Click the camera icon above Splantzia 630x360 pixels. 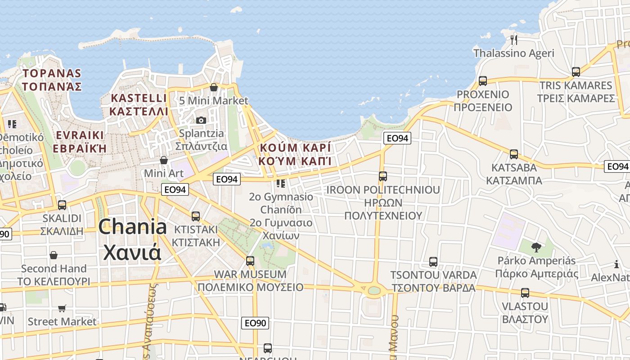(201, 120)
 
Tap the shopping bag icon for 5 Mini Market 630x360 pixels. (214, 87)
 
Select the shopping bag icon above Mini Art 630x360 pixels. (164, 160)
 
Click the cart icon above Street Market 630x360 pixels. (62, 308)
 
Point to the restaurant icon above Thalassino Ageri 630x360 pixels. (514, 40)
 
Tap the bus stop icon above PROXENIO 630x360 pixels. (483, 81)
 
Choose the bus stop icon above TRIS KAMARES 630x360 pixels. (576, 72)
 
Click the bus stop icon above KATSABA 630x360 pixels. (514, 154)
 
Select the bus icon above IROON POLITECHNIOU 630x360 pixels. (383, 176)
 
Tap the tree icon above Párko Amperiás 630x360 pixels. (536, 247)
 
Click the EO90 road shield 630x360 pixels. (255, 323)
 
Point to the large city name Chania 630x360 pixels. (132, 226)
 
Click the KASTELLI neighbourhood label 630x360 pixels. (139, 98)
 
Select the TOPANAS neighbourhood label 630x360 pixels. (52, 73)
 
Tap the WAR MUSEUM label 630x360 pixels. (250, 274)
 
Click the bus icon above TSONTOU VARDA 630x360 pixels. (433, 261)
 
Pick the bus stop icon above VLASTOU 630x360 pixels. (525, 293)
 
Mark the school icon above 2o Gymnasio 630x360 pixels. (281, 183)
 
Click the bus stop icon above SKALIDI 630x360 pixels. (62, 205)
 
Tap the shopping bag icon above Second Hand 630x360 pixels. (54, 255)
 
